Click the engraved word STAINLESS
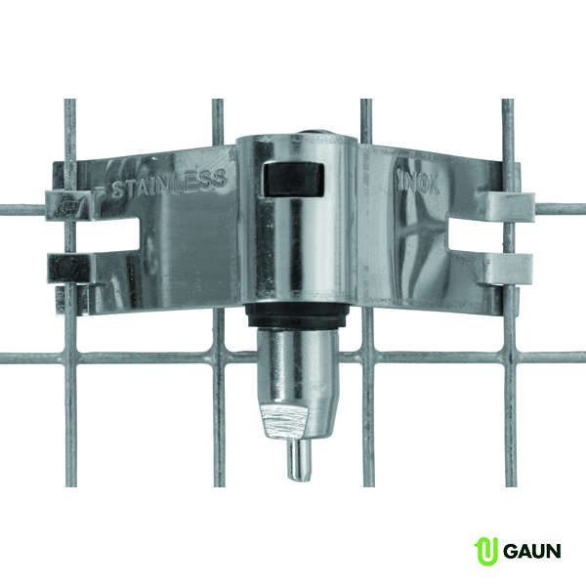169,184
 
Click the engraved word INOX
419,184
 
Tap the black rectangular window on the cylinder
293,180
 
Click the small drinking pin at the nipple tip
299,460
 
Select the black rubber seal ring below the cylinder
297,316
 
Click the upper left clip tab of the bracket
68,205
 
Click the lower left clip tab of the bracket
69,268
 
